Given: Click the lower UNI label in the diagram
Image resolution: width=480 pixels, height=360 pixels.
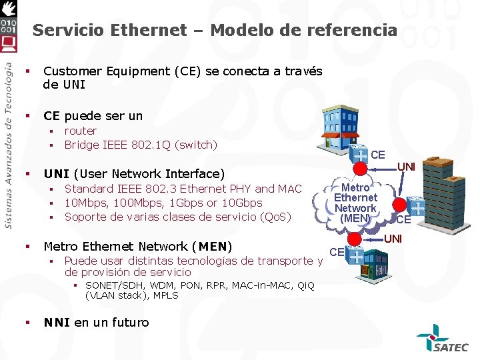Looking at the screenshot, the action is click(x=393, y=238).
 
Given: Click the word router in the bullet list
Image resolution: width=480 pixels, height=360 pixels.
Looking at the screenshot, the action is click(x=81, y=131).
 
